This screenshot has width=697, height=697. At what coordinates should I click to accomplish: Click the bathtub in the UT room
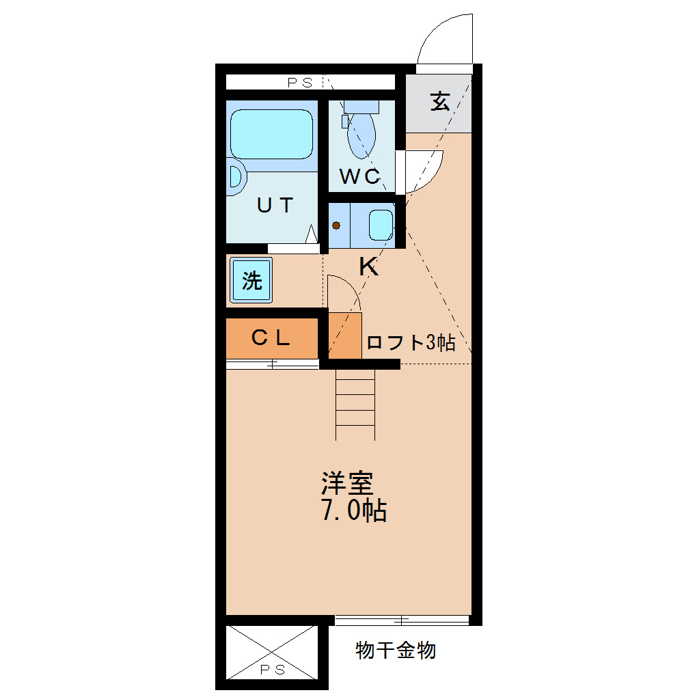point(271,134)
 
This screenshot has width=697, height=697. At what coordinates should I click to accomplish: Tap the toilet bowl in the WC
point(361,135)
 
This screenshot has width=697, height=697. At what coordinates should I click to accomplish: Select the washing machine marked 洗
point(251,280)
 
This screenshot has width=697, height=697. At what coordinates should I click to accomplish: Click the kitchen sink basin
point(380,225)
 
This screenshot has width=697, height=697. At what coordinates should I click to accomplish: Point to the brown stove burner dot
point(336,225)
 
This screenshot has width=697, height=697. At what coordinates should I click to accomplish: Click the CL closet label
point(271,338)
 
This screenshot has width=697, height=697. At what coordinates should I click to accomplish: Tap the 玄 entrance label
point(439,102)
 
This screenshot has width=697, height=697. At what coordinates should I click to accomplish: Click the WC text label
point(359,177)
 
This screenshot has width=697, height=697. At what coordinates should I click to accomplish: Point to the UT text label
point(275,205)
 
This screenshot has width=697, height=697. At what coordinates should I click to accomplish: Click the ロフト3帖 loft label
point(410,343)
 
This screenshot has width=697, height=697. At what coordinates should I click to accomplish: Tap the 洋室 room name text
point(347,484)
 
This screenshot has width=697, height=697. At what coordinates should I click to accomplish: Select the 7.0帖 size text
point(353,510)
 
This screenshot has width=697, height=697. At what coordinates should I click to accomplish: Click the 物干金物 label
point(396,650)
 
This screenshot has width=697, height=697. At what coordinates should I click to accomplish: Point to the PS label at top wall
point(299,83)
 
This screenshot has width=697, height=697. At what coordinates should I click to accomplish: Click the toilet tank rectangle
point(361,107)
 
